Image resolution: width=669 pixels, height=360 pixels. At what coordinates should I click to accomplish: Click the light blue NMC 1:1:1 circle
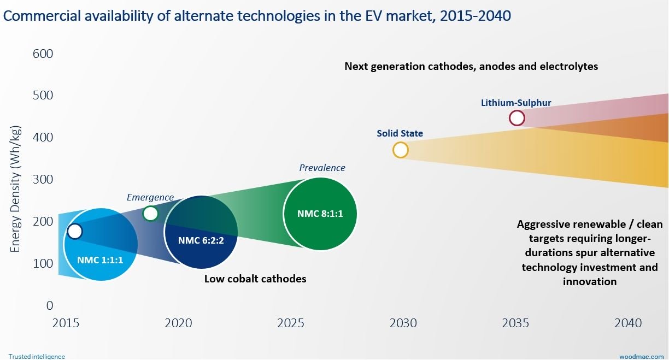(x=100, y=245)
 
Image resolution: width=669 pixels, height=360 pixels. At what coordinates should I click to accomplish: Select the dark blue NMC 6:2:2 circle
(x=201, y=232)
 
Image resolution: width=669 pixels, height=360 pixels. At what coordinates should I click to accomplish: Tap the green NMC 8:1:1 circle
(x=320, y=214)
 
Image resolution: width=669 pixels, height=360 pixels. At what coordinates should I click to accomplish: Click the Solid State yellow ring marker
(x=401, y=150)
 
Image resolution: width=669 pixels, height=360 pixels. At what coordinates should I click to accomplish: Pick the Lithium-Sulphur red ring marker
(x=517, y=118)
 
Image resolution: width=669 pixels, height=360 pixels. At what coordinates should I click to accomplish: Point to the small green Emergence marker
(x=150, y=214)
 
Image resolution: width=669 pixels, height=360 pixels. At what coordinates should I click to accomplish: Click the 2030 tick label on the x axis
(x=403, y=323)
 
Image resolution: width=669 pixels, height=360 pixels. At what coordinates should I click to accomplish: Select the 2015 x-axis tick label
(x=66, y=323)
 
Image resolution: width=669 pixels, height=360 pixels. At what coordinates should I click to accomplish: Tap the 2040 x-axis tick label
(x=628, y=323)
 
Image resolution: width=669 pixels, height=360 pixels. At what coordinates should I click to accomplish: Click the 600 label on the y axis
(x=43, y=54)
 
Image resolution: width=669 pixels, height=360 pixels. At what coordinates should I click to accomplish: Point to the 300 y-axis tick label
(x=43, y=180)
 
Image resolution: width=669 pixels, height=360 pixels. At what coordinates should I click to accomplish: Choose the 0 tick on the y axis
(x=50, y=305)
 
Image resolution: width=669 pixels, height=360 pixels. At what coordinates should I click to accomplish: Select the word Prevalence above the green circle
(x=322, y=168)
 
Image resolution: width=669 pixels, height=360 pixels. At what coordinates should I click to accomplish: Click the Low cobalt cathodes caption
(x=255, y=279)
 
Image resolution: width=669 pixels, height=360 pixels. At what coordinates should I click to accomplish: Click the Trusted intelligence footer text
(x=37, y=356)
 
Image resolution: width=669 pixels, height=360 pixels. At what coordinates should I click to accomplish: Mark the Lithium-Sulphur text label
(x=516, y=102)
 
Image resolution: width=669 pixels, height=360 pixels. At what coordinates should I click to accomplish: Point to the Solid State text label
(x=400, y=133)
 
